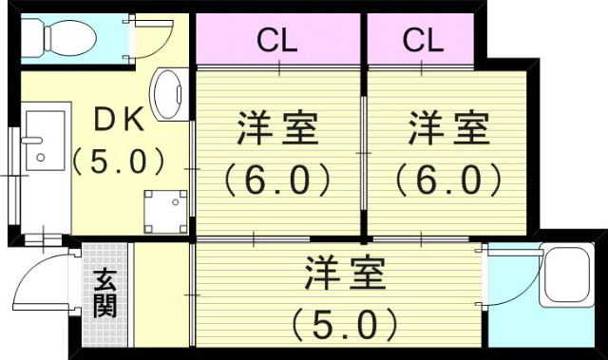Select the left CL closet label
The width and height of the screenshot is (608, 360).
pos(280,40)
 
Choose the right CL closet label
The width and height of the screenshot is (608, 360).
pos(423,40)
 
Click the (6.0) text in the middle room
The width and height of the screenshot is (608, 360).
pos(275,179)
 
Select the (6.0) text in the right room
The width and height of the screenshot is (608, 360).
pos(448,179)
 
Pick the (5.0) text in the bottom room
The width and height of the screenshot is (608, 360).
pos(344,325)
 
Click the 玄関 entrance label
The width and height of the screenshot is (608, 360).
pos(104,295)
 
